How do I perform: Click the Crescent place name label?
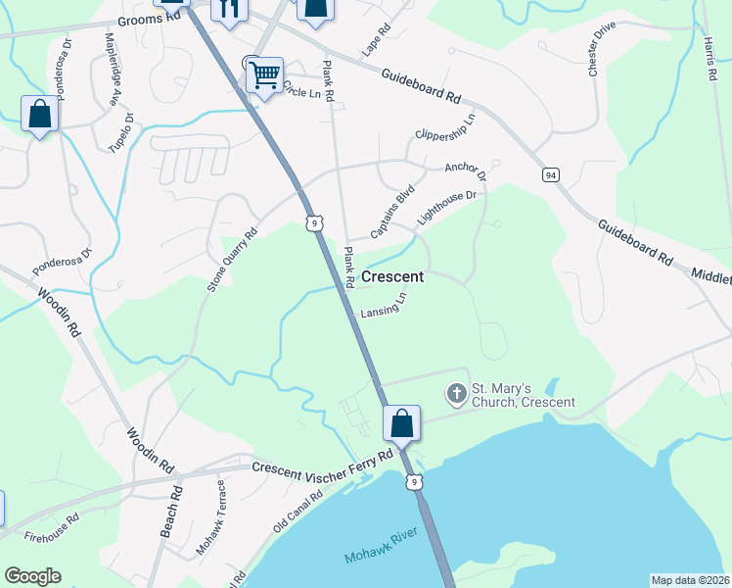point(392,277)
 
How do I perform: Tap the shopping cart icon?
point(264,73)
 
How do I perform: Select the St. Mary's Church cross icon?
point(456,395)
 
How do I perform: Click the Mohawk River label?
point(382,546)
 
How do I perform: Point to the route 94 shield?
point(552,174)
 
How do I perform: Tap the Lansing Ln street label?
point(383,307)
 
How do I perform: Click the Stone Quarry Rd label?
point(231,261)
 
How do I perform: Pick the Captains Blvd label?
point(392,211)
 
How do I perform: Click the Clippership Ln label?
point(444,126)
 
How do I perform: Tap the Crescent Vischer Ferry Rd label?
point(322,464)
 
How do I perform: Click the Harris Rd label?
point(710,58)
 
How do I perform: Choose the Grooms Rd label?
point(151,19)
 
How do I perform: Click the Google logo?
point(32,576)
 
